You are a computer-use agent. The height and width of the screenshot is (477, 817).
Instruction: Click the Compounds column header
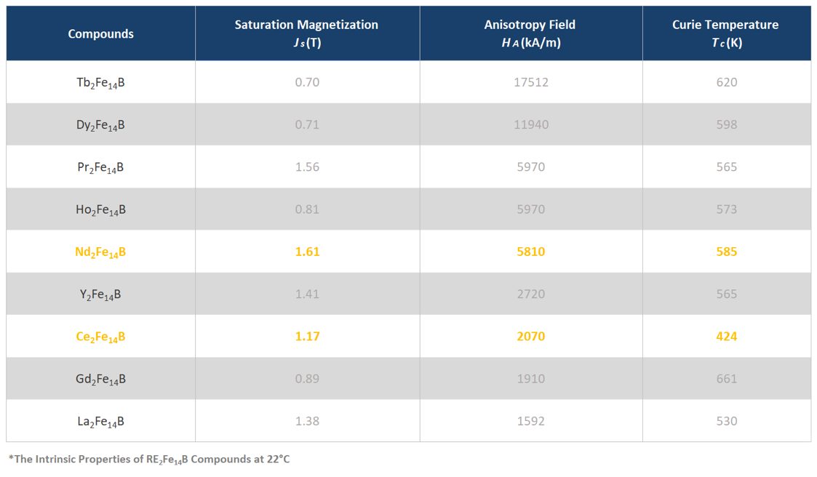point(100,34)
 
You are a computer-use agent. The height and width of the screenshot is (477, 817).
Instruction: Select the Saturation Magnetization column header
point(306,33)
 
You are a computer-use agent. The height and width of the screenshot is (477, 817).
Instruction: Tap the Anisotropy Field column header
point(530,33)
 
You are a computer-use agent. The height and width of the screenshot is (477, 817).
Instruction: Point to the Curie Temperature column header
point(726,33)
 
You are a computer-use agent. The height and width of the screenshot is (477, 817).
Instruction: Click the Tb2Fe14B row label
point(100,84)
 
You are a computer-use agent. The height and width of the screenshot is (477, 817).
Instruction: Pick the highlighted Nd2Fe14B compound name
point(100,252)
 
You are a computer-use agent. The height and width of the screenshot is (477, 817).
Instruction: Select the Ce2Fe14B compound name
point(100,337)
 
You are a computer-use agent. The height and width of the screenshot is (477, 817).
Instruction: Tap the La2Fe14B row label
point(100,422)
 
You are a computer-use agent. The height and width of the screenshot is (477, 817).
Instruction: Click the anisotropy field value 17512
point(531,82)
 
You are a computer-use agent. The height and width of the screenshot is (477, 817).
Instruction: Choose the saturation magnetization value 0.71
point(307,124)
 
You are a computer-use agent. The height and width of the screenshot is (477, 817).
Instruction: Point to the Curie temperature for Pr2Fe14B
point(726,167)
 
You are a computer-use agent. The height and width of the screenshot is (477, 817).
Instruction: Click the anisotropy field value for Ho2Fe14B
point(531,209)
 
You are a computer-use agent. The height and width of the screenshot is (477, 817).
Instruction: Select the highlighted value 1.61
point(308,252)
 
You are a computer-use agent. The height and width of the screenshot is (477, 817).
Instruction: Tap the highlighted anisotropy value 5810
point(531,252)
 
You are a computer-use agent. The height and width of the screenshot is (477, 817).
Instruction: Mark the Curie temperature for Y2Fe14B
point(726,294)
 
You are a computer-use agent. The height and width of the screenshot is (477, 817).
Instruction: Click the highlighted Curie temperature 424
point(726,337)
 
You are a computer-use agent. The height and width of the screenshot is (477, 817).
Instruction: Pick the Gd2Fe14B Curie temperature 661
point(726,379)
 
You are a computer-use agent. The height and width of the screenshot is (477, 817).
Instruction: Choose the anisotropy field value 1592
point(531,421)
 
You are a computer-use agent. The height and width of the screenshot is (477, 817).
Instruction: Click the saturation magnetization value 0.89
point(307,379)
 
